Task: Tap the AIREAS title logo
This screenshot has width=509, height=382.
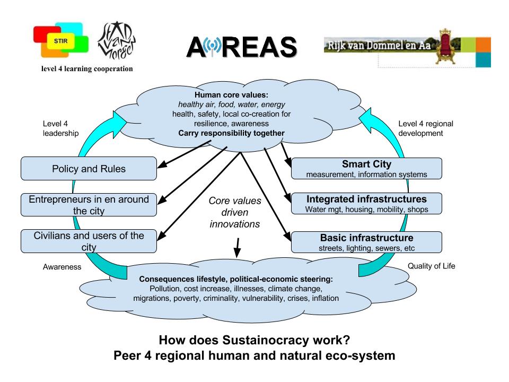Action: (241, 48)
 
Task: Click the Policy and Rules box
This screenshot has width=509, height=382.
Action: (89, 169)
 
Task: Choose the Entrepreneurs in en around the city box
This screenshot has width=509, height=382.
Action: (89, 205)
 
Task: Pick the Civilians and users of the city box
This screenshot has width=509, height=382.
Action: (89, 241)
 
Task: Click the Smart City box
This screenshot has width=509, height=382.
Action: (366, 169)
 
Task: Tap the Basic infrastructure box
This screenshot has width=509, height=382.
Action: (366, 242)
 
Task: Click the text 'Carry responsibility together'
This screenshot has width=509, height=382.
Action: (232, 133)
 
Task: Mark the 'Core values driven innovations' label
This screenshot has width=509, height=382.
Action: (234, 212)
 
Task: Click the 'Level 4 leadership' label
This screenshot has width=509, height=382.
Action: (60, 128)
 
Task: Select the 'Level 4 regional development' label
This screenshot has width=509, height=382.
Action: (425, 128)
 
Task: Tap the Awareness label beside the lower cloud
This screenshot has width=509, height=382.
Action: (62, 267)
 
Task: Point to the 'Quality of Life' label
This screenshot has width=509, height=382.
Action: (431, 266)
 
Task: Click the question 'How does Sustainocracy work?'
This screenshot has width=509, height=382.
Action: (254, 340)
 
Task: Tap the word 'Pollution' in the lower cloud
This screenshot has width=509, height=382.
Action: (167, 289)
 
